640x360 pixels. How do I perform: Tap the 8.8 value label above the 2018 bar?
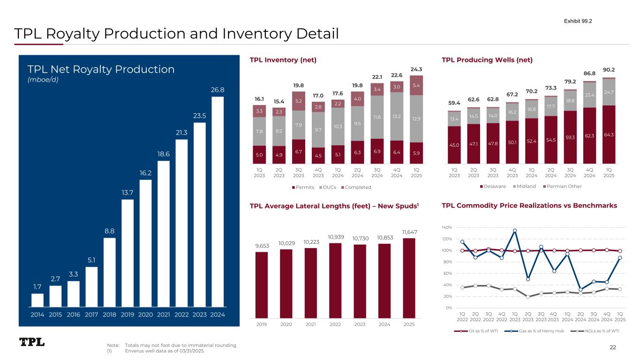pos(109,231)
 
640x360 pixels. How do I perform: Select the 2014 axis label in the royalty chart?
pos(38,315)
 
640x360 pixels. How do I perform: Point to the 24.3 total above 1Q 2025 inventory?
pos(416,69)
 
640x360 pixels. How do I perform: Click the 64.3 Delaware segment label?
pos(609,135)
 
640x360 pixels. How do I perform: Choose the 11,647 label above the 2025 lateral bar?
pos(409,232)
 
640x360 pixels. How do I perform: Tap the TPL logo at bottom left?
pos(32,342)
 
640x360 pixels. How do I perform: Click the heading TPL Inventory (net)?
pos(283,60)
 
